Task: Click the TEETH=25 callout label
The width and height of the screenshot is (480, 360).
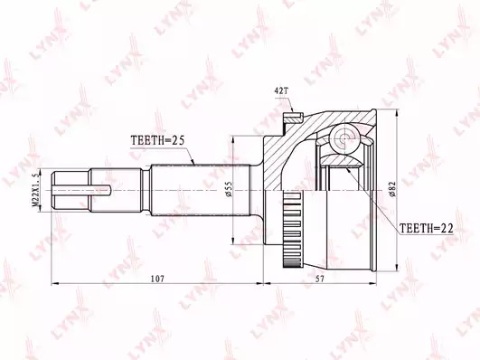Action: coord(157,140)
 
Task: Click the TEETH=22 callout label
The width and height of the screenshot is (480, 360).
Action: coord(427,228)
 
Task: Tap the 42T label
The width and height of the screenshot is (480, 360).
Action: coord(282,91)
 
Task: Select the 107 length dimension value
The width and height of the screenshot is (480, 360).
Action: coord(158,279)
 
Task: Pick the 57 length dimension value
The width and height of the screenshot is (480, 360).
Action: coord(320,279)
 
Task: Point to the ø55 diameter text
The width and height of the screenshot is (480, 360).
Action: coord(230,189)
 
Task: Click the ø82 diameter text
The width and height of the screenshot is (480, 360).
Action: coord(392,189)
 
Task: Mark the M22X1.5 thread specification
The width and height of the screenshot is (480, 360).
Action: coord(36,190)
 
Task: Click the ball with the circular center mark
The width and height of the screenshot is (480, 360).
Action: coord(345,138)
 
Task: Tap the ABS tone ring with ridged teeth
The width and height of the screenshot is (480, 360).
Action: coord(292,229)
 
